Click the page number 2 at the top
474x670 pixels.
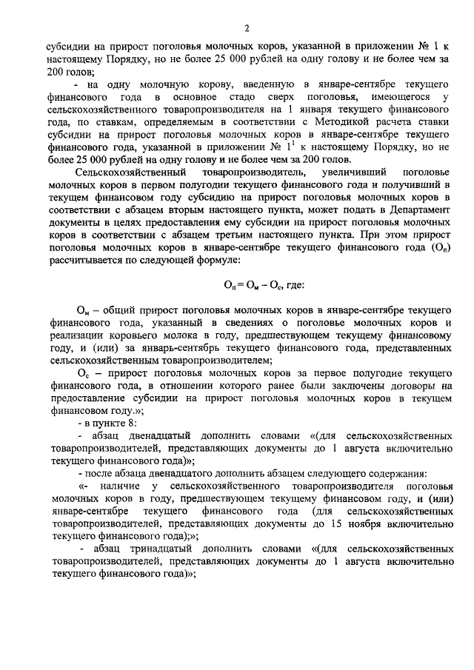tap(245, 28)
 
